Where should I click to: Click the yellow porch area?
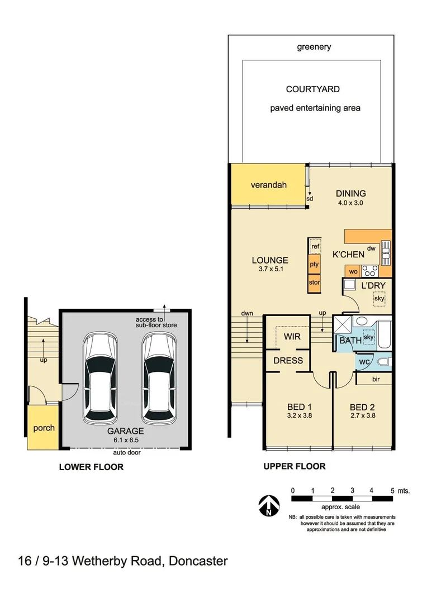click(44, 428)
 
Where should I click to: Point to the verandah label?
click(268, 184)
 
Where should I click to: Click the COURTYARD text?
click(312, 89)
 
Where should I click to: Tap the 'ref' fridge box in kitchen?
click(315, 246)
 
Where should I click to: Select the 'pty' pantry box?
click(314, 264)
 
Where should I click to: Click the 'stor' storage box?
click(314, 283)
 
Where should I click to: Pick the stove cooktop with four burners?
click(369, 271)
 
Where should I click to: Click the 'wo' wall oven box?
click(353, 271)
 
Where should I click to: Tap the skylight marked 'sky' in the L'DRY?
click(379, 299)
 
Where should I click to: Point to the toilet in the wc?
click(383, 362)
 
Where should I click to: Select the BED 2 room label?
click(362, 406)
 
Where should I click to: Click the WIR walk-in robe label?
click(292, 337)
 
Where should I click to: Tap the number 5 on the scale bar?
click(392, 490)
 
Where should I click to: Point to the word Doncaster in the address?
click(196, 561)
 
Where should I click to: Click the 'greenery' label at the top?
click(314, 47)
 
